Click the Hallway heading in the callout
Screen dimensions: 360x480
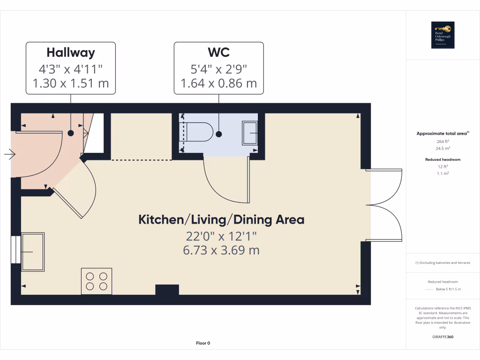(70, 52)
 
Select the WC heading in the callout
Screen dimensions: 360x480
(218, 52)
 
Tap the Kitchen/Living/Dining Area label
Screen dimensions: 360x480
(221, 219)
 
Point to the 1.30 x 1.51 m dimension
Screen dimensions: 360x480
(70, 83)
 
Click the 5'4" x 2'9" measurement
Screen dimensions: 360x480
(218, 68)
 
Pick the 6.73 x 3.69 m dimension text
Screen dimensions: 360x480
(221, 250)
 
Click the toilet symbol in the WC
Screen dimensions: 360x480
(199, 132)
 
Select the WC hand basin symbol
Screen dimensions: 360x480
(249, 133)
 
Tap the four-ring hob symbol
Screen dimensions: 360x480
(97, 281)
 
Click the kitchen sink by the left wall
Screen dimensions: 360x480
(33, 252)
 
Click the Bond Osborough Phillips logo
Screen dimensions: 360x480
(443, 35)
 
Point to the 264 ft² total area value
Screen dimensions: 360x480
(443, 141)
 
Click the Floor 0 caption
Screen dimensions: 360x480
(203, 343)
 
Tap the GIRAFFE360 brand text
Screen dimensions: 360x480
(443, 337)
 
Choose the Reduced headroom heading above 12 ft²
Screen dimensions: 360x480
(443, 159)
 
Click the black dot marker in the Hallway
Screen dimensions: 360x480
(71, 133)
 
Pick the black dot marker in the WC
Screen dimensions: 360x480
(219, 134)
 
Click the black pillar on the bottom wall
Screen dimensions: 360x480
(167, 290)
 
